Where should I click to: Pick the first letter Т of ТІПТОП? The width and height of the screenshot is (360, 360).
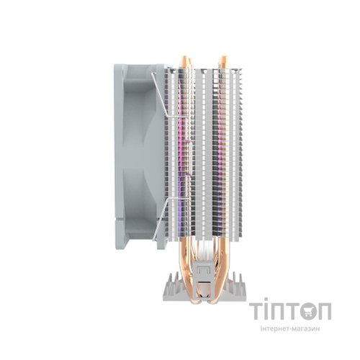click(256, 311)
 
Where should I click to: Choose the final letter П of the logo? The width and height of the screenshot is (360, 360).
click(325, 311)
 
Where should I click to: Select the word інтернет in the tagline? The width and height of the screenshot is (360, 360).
click(275, 328)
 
